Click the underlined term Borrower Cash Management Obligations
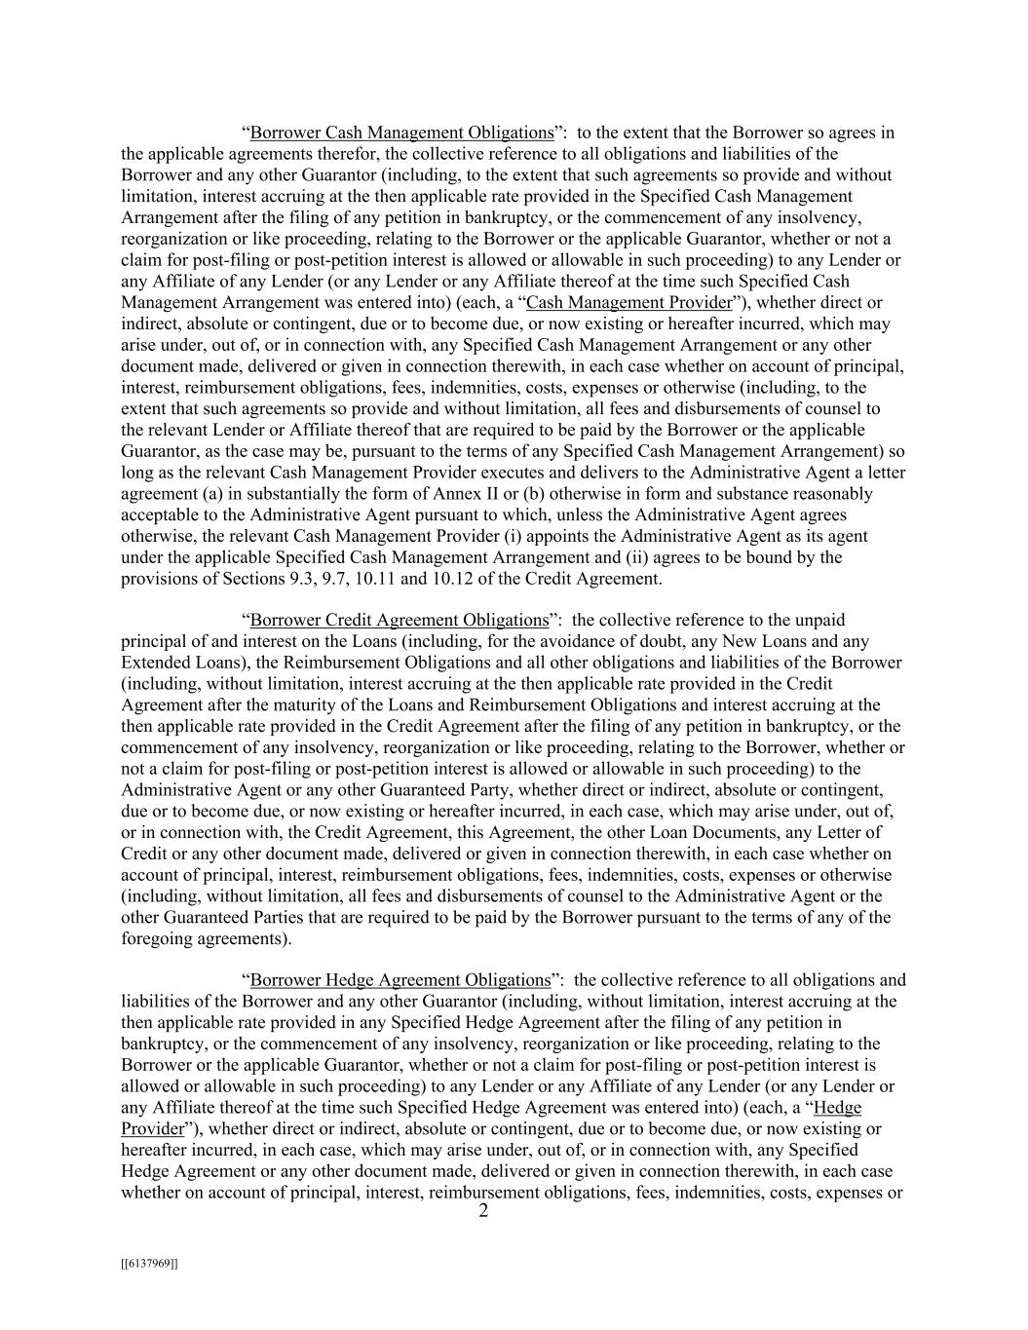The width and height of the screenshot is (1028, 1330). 401,133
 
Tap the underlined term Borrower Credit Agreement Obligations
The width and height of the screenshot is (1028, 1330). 400,620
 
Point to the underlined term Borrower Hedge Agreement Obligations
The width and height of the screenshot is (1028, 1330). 400,980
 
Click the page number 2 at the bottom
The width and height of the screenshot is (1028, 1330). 483,1211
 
